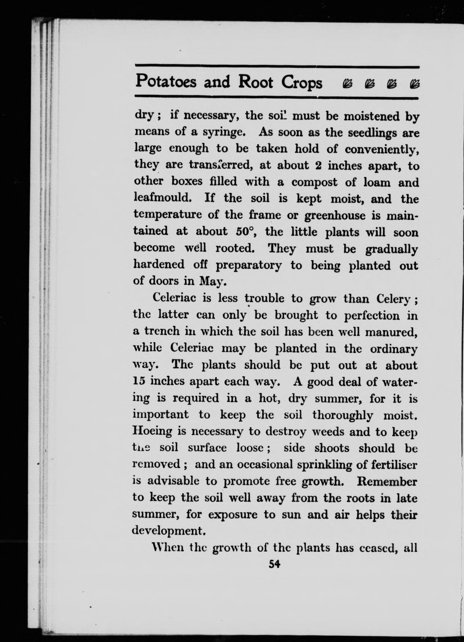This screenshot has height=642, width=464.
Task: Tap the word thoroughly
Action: click(343, 415)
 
